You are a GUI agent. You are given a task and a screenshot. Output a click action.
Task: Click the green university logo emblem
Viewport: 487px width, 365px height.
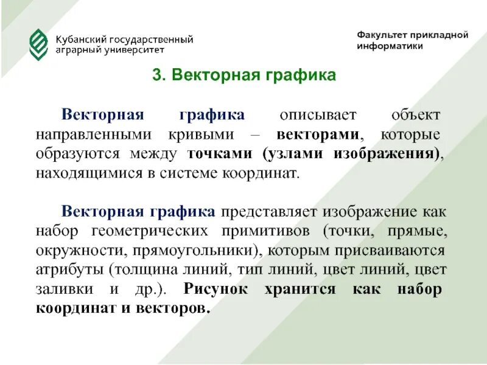click(38, 44)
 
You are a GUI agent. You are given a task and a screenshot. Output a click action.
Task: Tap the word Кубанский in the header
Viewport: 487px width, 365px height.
click(77, 40)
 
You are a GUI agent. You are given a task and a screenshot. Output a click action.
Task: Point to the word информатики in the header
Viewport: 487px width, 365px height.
click(390, 47)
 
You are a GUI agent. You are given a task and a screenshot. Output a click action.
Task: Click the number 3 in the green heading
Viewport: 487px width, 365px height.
click(156, 75)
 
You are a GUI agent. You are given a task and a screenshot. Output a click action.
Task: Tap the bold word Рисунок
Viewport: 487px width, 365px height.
click(215, 289)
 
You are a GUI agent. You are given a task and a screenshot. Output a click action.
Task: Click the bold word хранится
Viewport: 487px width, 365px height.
click(300, 289)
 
